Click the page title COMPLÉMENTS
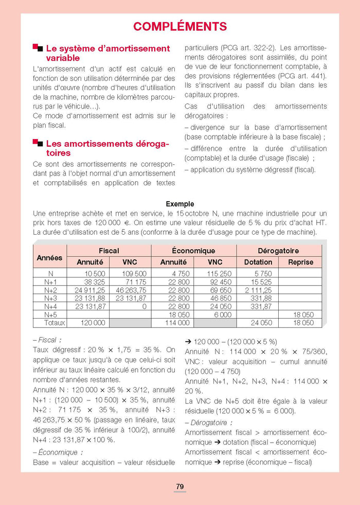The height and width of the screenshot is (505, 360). (179, 27)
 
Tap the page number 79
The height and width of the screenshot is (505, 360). (179, 486)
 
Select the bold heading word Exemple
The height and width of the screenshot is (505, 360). (179, 204)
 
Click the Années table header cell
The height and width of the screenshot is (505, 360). (50, 257)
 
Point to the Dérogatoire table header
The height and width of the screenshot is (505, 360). (278, 251)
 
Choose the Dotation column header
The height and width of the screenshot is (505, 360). (258, 262)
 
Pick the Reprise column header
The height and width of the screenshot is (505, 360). (300, 262)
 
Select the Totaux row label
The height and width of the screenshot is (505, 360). (50, 323)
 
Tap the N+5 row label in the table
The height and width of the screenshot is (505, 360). (50, 315)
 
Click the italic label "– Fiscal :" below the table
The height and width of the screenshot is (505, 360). (47, 340)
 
